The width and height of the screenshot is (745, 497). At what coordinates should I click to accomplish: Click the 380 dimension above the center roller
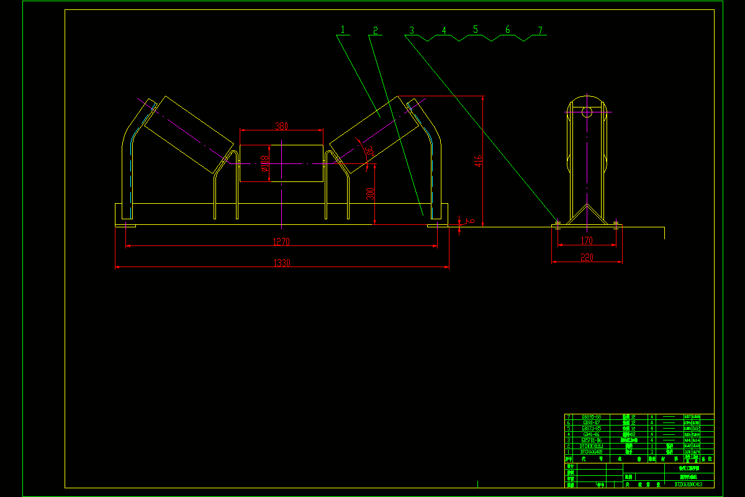(281, 126)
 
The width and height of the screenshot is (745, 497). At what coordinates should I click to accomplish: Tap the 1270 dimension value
(282, 242)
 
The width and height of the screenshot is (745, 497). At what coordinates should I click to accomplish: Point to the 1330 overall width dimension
(282, 263)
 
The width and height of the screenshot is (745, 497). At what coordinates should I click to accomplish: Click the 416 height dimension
(478, 162)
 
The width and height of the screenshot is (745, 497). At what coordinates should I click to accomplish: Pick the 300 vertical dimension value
(370, 193)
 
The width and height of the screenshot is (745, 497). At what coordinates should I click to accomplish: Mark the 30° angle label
(369, 150)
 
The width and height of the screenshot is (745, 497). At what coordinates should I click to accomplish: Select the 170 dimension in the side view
(587, 240)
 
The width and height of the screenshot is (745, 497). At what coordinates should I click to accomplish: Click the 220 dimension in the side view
(587, 257)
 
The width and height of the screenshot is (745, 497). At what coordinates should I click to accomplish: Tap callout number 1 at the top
(342, 30)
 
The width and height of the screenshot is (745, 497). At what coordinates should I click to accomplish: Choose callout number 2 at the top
(375, 30)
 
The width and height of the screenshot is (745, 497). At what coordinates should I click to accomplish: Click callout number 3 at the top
(411, 30)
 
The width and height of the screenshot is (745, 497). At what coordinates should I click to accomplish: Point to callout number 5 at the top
(476, 29)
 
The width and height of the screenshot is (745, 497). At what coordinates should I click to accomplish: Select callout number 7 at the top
(540, 30)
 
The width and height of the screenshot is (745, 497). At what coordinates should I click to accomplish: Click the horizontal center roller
(281, 163)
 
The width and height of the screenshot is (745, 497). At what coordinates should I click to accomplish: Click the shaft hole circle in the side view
(587, 112)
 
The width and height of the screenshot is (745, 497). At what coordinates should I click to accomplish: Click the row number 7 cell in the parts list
(568, 416)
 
